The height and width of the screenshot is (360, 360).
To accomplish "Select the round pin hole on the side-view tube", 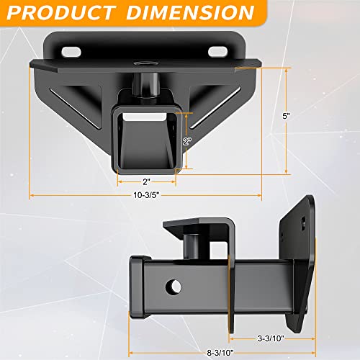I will (174, 287).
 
